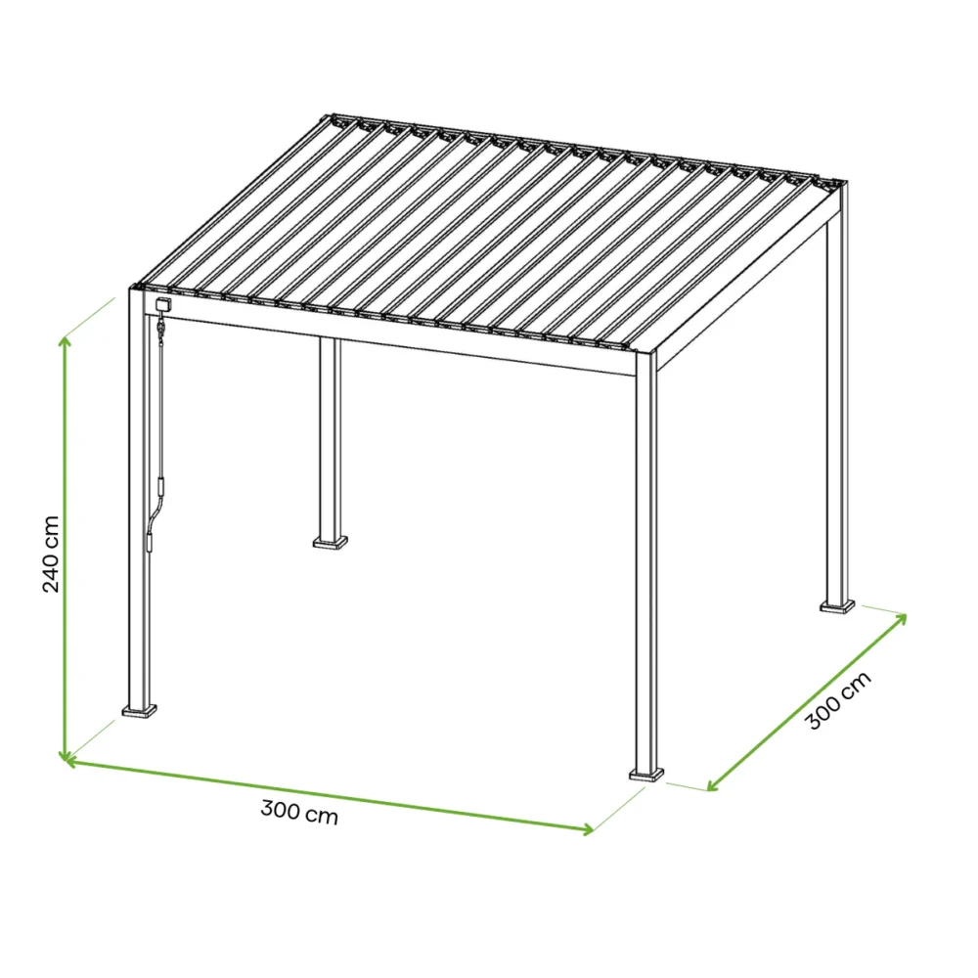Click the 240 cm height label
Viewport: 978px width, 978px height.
(52, 554)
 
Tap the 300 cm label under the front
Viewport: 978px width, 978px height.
(299, 812)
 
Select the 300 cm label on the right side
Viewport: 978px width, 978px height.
(838, 702)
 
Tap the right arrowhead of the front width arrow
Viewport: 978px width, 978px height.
(587, 830)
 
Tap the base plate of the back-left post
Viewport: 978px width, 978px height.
(330, 540)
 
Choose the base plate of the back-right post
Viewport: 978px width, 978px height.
(837, 606)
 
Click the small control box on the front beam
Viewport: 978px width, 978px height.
(160, 305)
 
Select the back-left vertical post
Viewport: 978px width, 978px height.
(330, 440)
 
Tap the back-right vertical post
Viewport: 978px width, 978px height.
(837, 411)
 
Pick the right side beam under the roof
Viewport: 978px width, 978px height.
(743, 293)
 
